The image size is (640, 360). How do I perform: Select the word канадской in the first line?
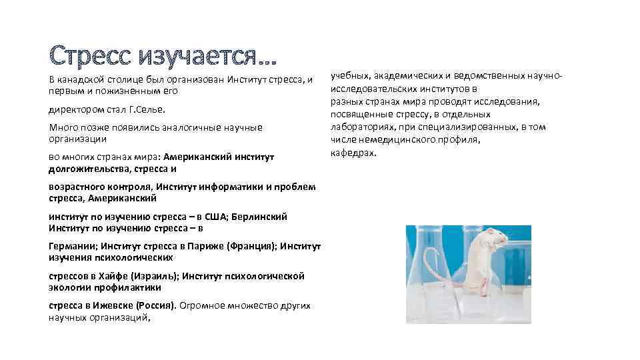tap(82, 80)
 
